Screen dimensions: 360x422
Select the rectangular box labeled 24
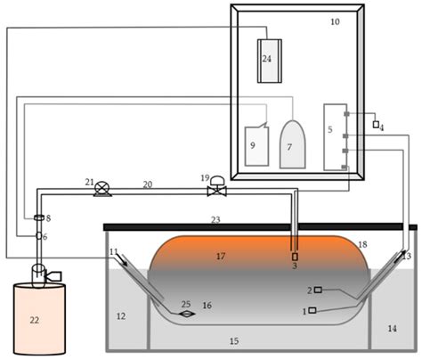268,61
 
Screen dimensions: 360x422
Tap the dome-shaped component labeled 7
293,144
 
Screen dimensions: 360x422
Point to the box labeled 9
257,145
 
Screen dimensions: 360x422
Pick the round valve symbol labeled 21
102,187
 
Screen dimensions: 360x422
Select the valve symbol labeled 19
216,189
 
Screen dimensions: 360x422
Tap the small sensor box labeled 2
317,290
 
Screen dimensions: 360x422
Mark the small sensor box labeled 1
312,310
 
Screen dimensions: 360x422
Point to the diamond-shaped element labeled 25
186,313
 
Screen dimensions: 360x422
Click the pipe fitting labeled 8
38,218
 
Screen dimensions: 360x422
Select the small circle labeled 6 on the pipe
38,236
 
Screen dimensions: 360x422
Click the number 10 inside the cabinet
335,20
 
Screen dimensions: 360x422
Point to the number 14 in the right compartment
393,329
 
